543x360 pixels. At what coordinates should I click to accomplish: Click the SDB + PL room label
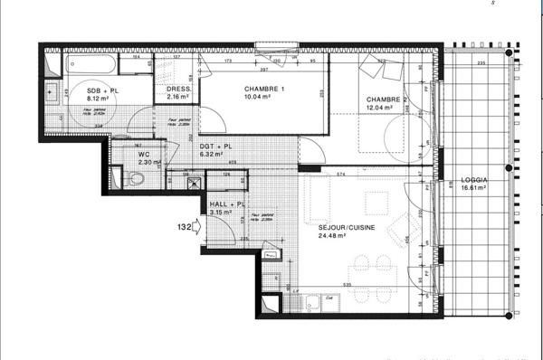click(100, 92)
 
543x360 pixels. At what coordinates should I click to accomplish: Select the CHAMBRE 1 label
click(264, 89)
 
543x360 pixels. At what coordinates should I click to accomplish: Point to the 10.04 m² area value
click(264, 99)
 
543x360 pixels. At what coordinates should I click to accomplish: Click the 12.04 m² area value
click(378, 108)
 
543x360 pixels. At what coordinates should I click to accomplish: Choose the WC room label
click(144, 154)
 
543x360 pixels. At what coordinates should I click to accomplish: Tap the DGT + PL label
click(215, 147)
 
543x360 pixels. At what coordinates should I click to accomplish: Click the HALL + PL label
click(226, 205)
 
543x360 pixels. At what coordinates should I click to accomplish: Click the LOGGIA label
click(473, 180)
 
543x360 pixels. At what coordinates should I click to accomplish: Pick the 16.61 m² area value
click(473, 190)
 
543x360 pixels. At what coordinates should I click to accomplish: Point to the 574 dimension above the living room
click(341, 173)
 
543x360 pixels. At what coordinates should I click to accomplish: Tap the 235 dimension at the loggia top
click(482, 62)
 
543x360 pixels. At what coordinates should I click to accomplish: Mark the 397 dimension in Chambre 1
click(264, 70)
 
